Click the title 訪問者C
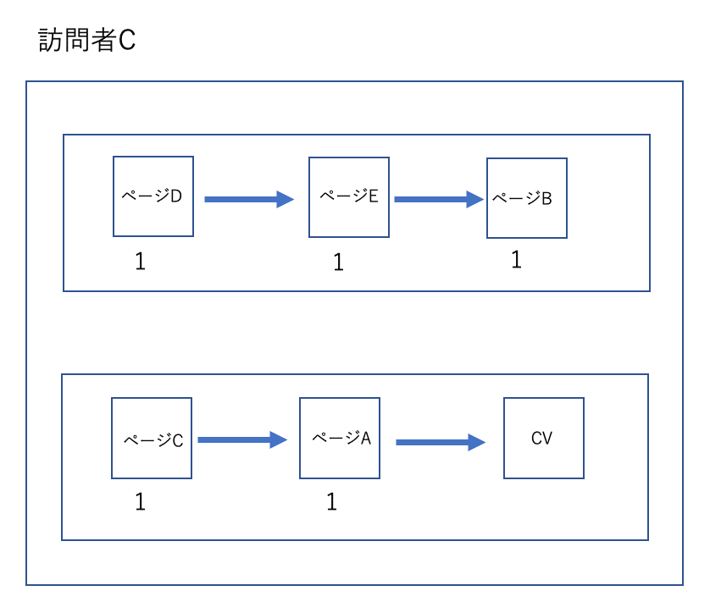point(87,41)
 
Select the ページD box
point(153,196)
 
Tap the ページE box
point(349,196)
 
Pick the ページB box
point(526,198)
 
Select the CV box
point(542,439)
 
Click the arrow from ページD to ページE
point(248,200)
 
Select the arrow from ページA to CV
point(440,442)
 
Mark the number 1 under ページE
point(338,263)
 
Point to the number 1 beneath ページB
point(516,260)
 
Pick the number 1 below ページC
point(141,502)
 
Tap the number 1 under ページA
point(331,502)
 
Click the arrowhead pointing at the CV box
point(477,442)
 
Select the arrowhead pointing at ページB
point(475,200)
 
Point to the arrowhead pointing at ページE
point(286,200)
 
